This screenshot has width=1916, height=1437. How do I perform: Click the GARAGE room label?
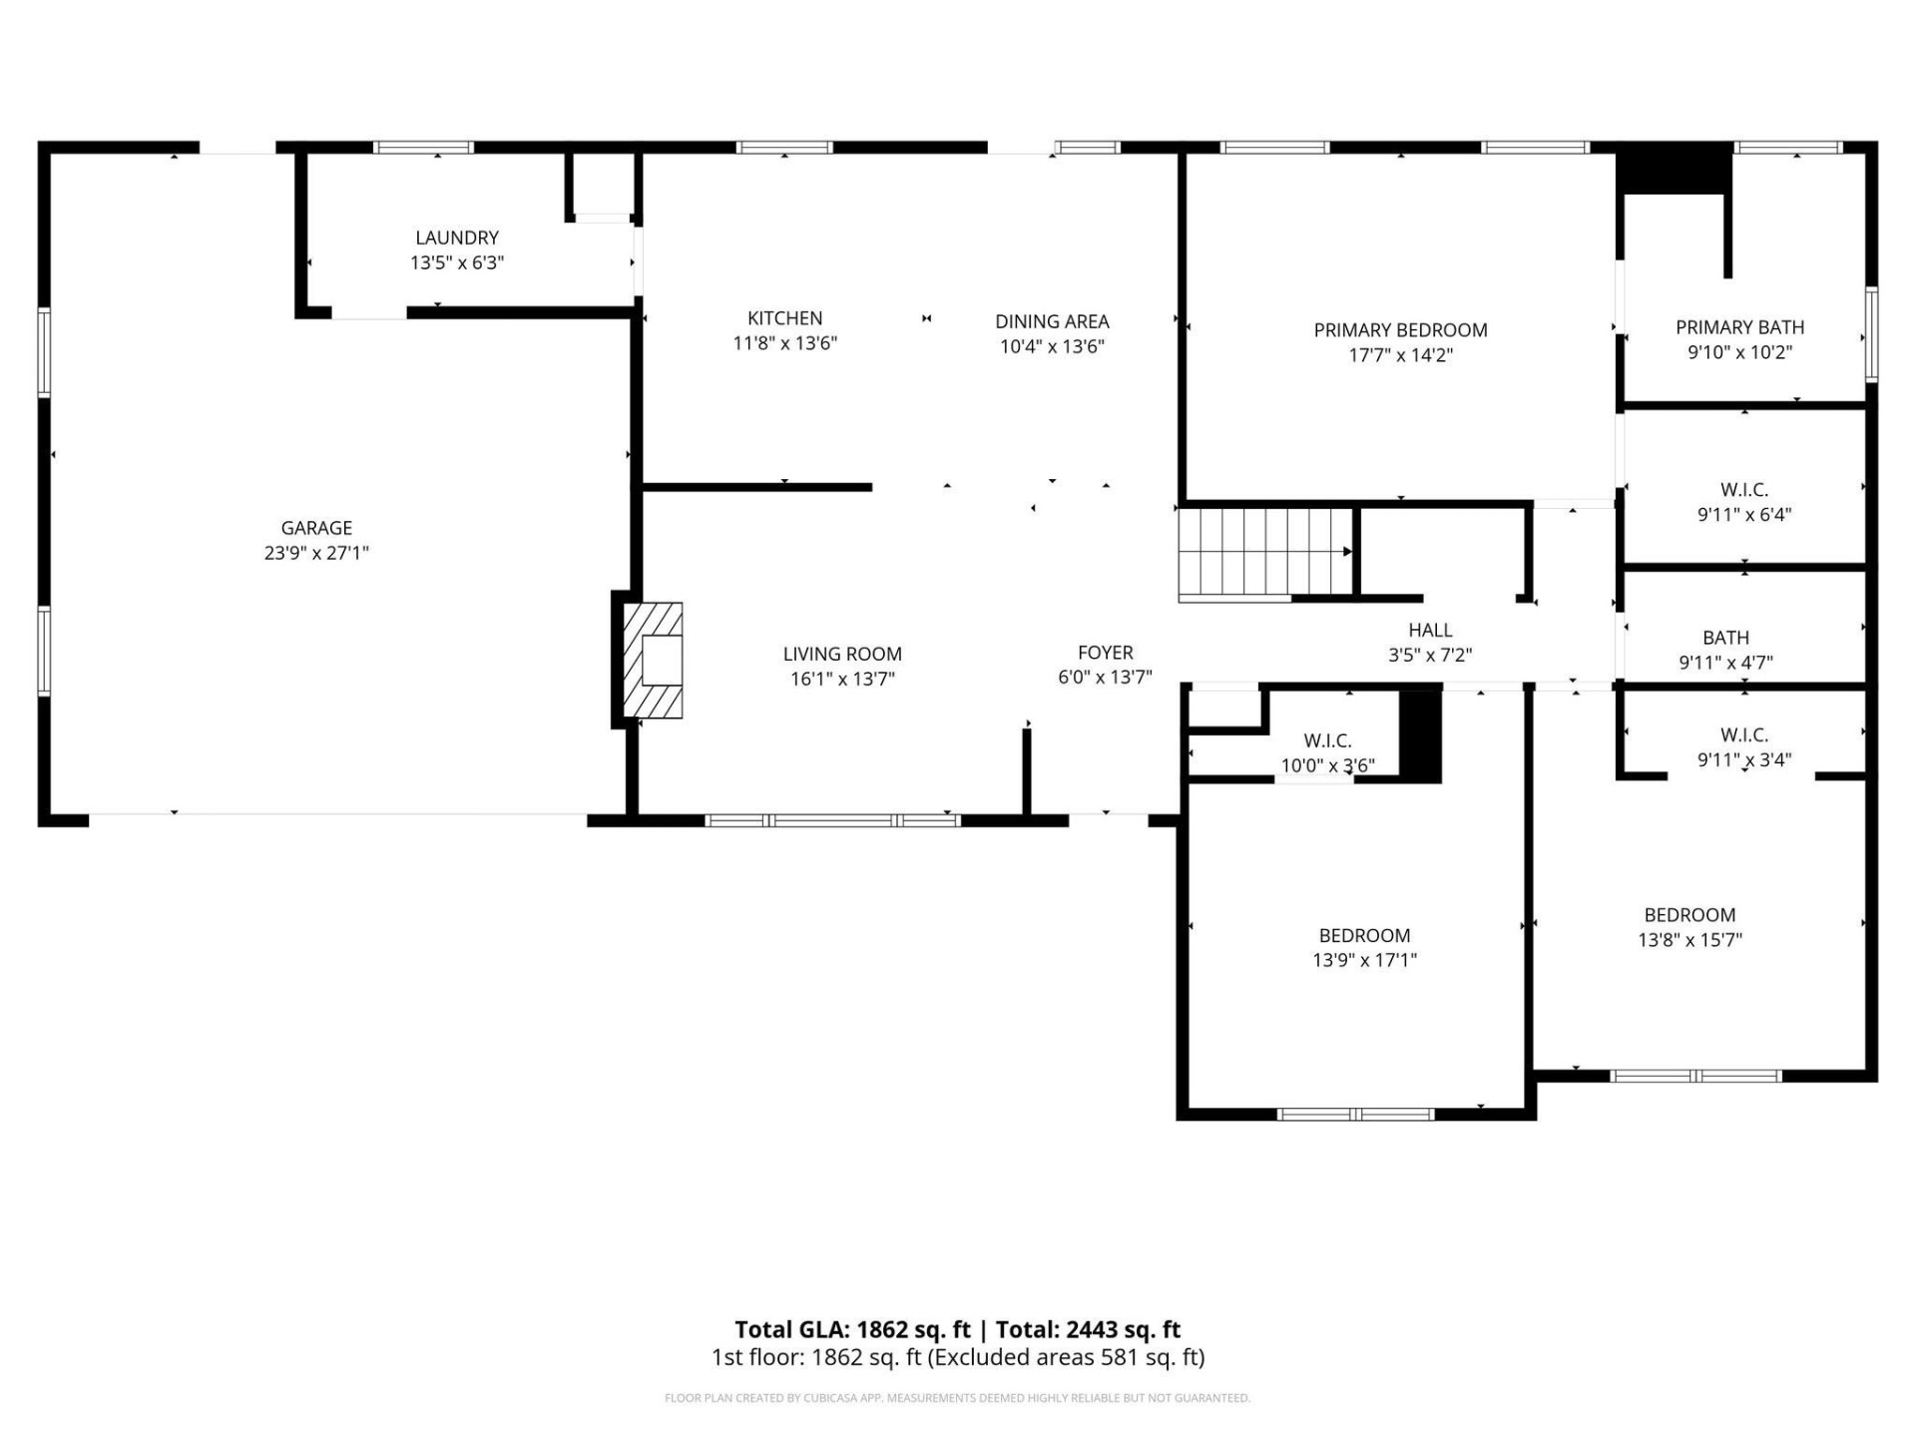[316, 528]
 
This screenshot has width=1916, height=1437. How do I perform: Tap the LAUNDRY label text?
[457, 238]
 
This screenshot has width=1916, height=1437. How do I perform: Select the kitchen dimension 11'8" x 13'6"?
[784, 343]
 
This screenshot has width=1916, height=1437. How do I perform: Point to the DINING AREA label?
[1052, 321]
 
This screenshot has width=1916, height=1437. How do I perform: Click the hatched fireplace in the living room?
[654, 661]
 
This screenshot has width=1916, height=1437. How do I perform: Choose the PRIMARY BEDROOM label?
[1400, 330]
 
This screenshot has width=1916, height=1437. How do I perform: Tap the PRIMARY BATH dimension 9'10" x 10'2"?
[1739, 352]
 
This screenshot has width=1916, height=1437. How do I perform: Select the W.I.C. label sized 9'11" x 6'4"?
[1743, 490]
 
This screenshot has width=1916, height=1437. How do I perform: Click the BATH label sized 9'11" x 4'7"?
[1725, 638]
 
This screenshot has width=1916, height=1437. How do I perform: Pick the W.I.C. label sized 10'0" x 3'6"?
[1327, 740]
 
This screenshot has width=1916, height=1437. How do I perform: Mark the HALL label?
[1430, 630]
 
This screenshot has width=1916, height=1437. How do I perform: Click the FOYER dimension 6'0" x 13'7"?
[1105, 678]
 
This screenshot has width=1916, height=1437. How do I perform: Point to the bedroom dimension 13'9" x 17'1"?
[1364, 960]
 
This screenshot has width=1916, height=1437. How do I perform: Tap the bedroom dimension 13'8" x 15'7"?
[1689, 940]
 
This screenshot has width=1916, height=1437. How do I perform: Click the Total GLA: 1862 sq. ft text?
[852, 1329]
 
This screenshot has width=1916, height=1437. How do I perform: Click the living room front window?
[832, 820]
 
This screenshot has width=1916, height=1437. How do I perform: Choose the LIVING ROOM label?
[842, 654]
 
